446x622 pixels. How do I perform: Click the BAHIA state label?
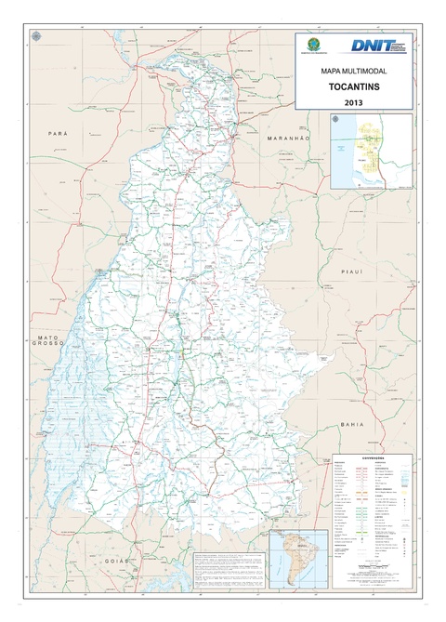(352, 423)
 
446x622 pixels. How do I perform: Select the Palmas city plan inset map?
(372, 151)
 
